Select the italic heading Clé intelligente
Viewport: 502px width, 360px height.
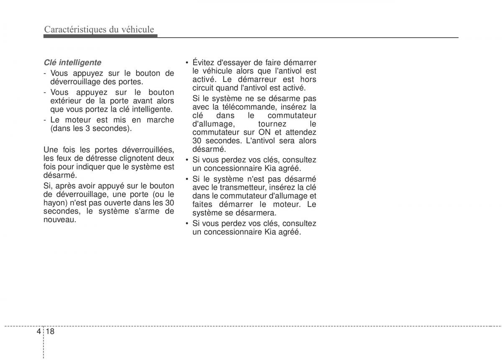pos(72,63)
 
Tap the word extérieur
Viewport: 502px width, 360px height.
pos(66,101)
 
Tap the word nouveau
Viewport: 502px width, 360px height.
pos(59,220)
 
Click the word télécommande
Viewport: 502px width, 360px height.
pos(246,107)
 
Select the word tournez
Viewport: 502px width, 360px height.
pos(272,124)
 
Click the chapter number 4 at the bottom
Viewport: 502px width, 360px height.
pos(38,331)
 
